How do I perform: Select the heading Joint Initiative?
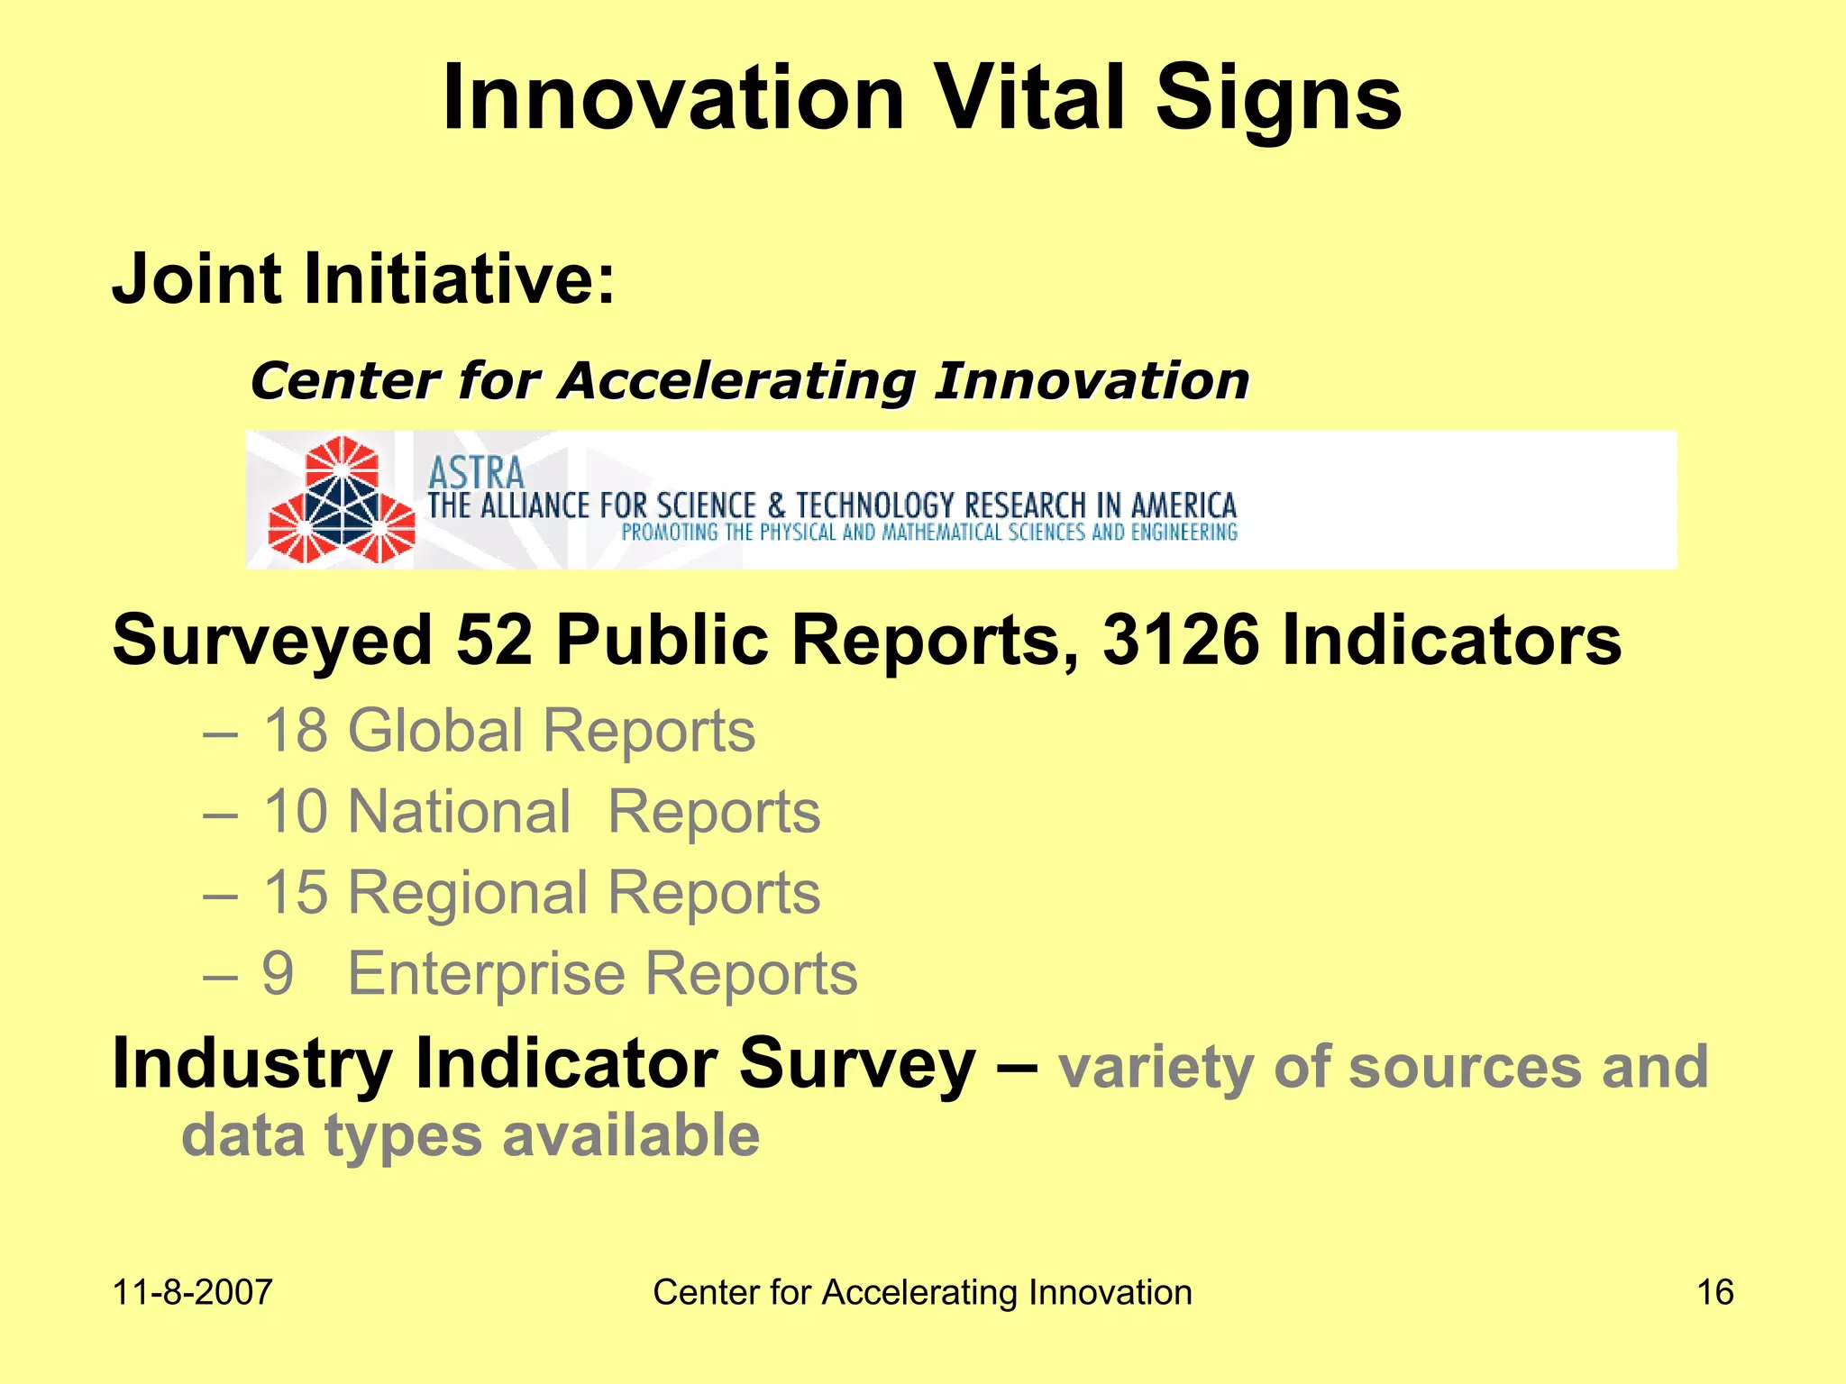pos(363,278)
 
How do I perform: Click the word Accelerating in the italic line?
pos(736,381)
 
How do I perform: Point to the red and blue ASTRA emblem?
pos(341,501)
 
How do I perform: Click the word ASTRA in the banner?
pos(475,472)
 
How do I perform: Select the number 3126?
pos(1180,641)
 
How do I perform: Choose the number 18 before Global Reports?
pos(295,730)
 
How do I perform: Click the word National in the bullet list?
pos(460,812)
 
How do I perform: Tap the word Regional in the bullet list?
pos(468,893)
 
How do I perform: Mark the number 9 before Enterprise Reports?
pos(278,974)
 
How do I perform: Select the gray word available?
pos(631,1135)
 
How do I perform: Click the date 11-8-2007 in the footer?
pos(192,1292)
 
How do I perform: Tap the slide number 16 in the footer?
pos(1714,1292)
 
